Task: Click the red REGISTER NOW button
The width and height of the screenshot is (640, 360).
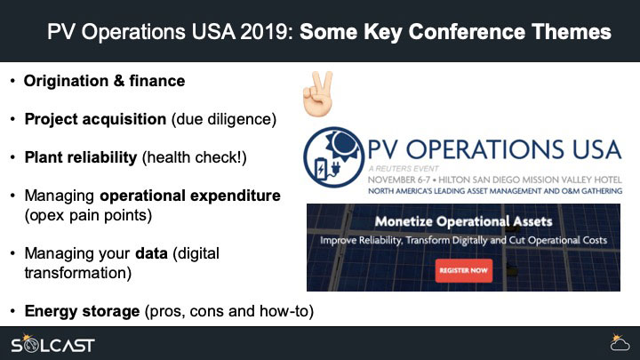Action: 464,270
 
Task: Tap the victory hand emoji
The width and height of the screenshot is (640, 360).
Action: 318,94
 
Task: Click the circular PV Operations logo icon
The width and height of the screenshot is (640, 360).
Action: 333,157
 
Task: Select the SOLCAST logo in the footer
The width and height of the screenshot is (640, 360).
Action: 52,344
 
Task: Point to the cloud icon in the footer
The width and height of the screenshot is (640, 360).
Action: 620,343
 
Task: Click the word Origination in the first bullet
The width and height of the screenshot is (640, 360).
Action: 66,81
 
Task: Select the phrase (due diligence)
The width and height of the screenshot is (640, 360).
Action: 224,119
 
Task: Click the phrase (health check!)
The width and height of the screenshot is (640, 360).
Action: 195,157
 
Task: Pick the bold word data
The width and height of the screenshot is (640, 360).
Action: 151,253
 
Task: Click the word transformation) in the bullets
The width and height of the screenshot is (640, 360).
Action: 78,273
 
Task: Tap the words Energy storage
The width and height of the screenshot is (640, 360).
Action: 82,311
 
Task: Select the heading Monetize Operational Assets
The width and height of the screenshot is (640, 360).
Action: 463,221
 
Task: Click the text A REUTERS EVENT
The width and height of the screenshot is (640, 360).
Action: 404,169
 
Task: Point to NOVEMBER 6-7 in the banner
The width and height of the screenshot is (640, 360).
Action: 399,180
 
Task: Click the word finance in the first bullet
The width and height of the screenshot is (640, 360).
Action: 157,81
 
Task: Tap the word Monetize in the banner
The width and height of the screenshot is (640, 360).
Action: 404,221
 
